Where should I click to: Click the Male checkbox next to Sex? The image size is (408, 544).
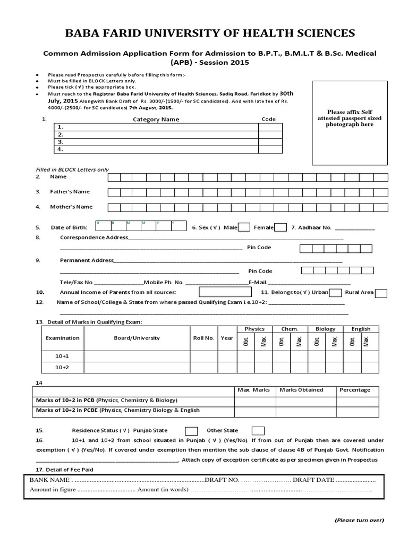click(244, 227)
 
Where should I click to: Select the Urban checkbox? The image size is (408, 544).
click(335, 293)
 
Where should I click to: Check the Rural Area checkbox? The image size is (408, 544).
click(380, 293)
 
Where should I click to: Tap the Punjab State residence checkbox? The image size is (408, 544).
click(192, 431)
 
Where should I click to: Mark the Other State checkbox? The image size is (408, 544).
click(258, 431)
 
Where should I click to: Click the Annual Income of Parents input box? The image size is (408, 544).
click(225, 292)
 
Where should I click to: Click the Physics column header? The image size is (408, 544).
click(254, 329)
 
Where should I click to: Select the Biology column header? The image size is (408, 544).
click(325, 329)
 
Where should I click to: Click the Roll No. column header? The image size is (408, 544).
click(203, 338)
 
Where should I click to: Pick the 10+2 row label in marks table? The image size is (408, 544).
click(62, 368)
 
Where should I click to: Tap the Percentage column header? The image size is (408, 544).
click(355, 389)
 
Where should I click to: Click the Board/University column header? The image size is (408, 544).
click(137, 338)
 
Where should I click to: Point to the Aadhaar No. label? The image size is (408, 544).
click(311, 227)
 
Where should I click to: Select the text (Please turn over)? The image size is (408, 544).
click(359, 520)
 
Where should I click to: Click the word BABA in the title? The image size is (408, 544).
click(82, 34)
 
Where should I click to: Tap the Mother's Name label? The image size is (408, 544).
click(71, 207)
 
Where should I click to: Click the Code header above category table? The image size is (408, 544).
click(269, 119)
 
